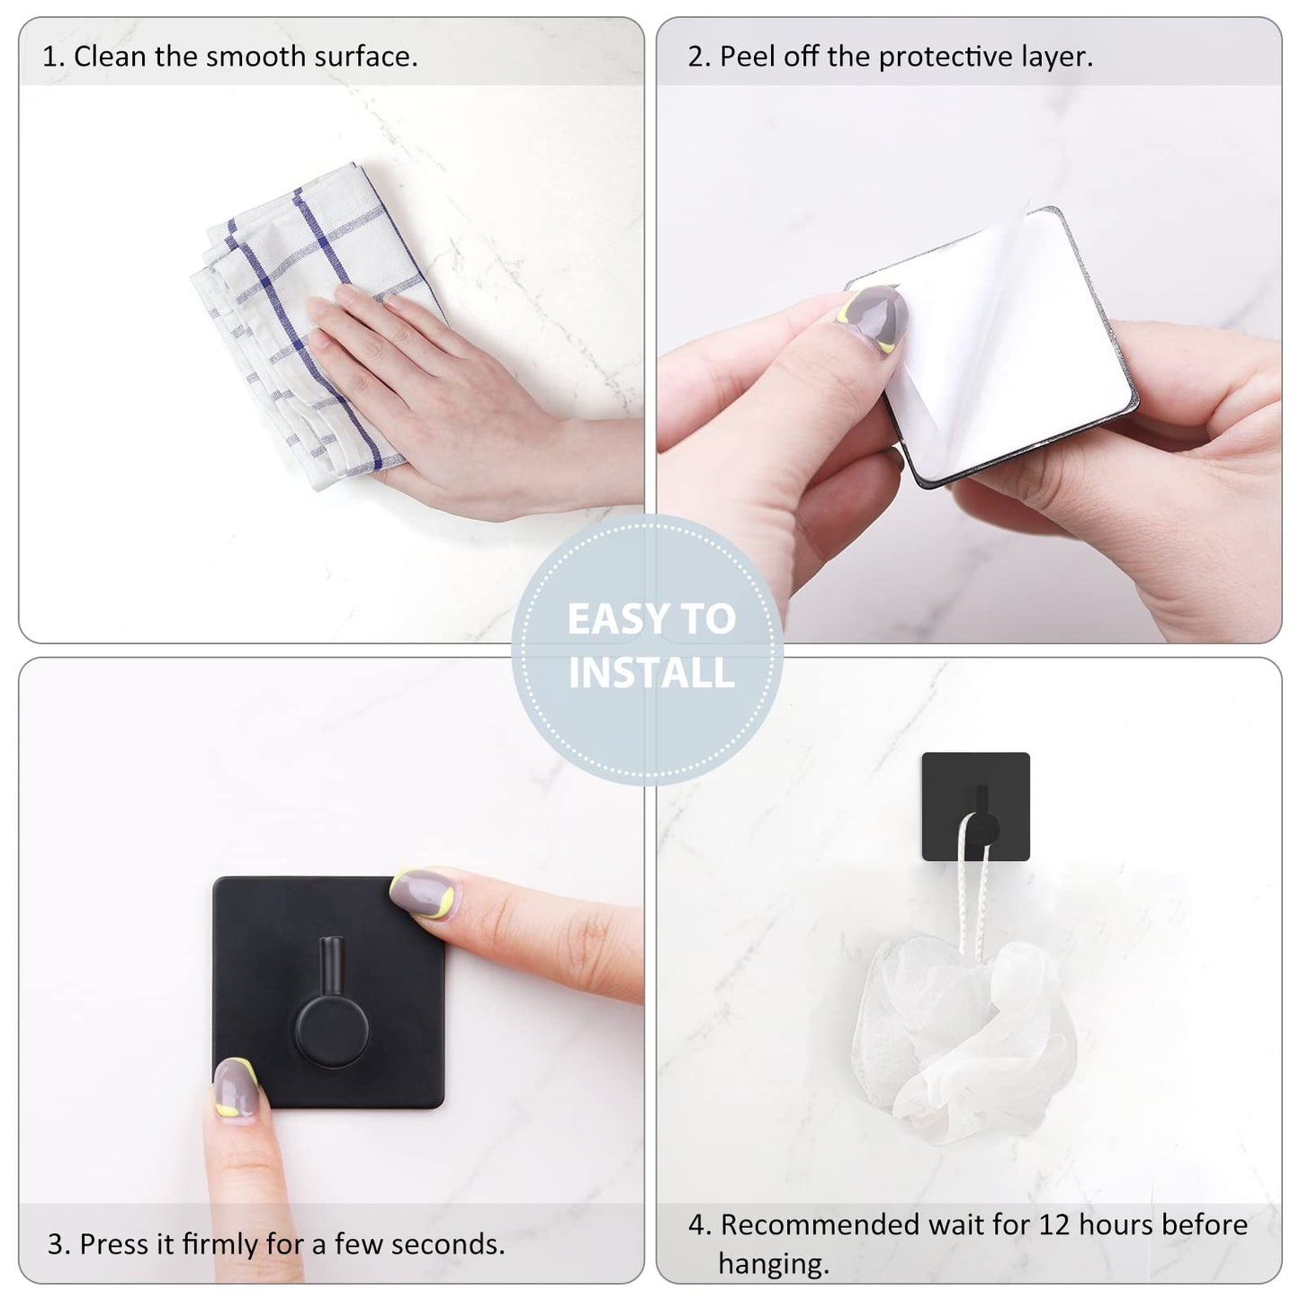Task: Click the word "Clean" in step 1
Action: (109, 57)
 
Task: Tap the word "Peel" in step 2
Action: (747, 57)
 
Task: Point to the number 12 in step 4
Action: (1054, 1224)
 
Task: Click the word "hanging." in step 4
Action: (773, 1264)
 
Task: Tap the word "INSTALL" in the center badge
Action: (651, 673)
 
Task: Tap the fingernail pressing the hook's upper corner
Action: (423, 891)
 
